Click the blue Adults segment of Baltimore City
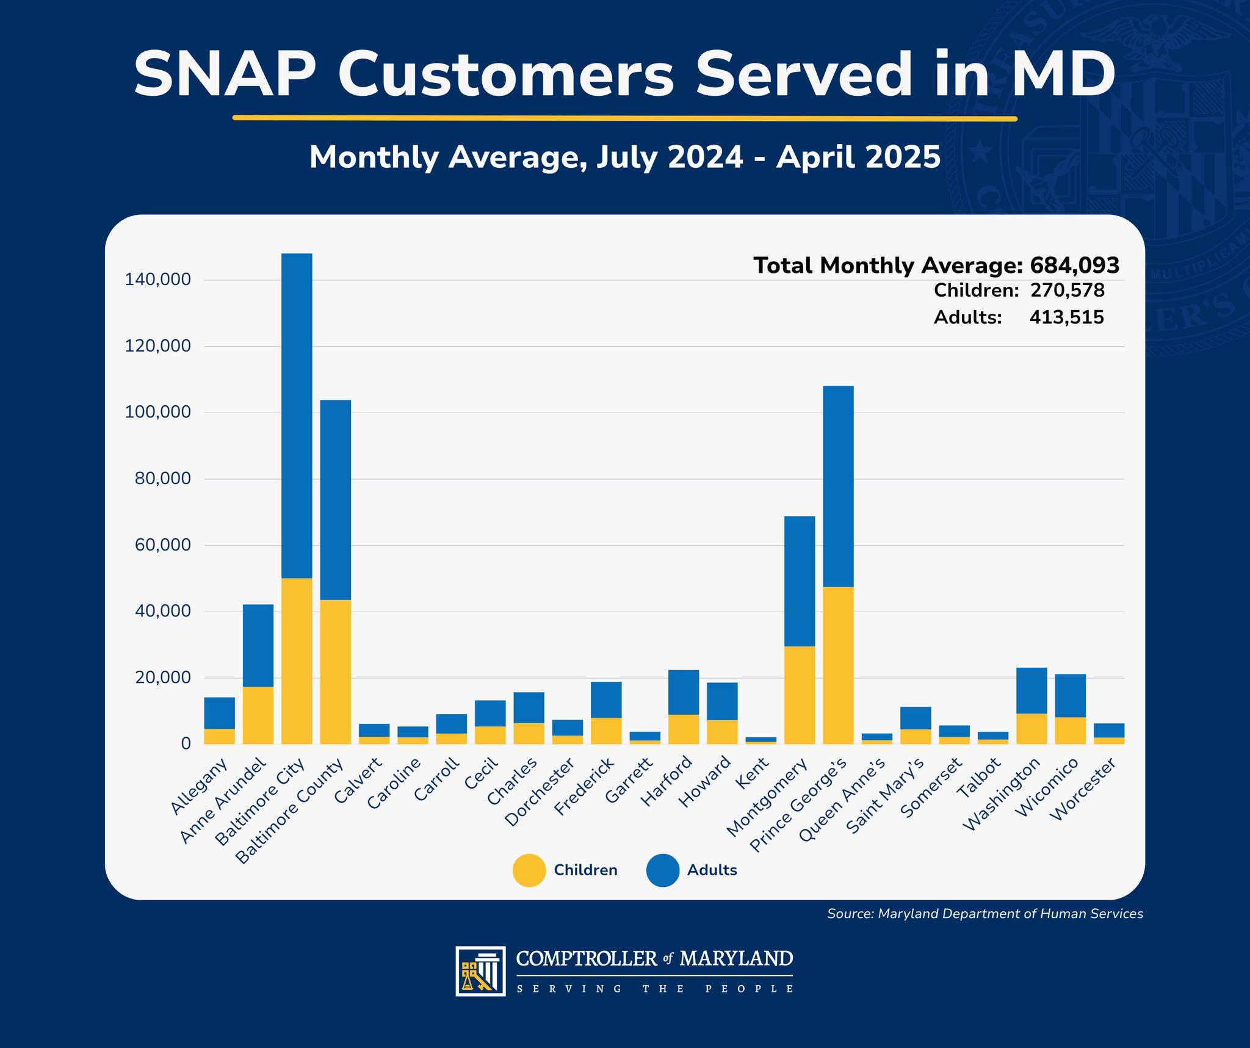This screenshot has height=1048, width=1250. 297,416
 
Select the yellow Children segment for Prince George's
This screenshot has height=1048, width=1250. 838,665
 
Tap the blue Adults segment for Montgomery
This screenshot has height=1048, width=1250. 800,581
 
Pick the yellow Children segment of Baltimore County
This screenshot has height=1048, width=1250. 335,672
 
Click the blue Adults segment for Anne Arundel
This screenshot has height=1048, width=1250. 258,646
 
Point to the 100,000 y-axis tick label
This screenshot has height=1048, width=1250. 158,412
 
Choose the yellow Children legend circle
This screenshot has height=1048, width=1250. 529,870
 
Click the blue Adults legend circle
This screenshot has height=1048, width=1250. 663,870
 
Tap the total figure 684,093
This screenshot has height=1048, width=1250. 1075,266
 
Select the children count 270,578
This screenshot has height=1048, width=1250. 1068,291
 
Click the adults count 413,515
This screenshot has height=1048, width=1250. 1067,317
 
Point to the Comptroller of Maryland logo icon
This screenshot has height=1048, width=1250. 480,971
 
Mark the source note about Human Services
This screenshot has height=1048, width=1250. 985,914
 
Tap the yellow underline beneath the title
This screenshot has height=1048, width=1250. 625,118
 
